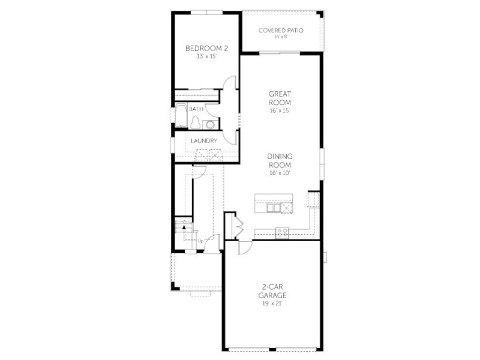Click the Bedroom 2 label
(206, 49)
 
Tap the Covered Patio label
(281, 31)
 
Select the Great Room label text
(280, 98)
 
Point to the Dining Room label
(280, 160)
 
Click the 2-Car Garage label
(272, 291)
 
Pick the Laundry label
(204, 141)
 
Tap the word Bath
(196, 109)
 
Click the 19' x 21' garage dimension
(272, 304)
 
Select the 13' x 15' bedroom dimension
(206, 56)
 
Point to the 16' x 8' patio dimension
(281, 37)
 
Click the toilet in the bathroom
(196, 122)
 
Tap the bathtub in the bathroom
(181, 115)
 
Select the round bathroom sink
(211, 124)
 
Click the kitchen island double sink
(274, 208)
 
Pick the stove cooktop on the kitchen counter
(282, 233)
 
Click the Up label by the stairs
(200, 241)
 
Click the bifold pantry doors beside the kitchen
(238, 227)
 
